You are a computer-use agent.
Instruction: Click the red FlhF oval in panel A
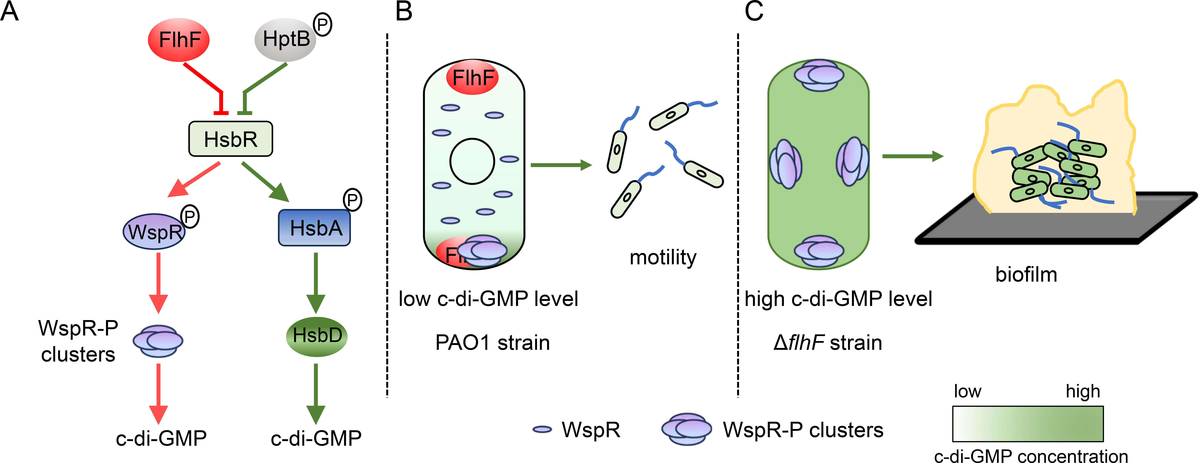coord(179,40)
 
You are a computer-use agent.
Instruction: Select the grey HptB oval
coord(285,40)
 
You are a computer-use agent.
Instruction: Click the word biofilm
coord(1026,275)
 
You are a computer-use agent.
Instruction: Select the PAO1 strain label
coord(492,343)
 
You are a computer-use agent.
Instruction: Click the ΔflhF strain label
coord(828,343)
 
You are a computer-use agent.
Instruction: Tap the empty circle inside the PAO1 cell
coord(472,161)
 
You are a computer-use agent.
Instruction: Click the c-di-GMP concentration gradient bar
coord(1028,423)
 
